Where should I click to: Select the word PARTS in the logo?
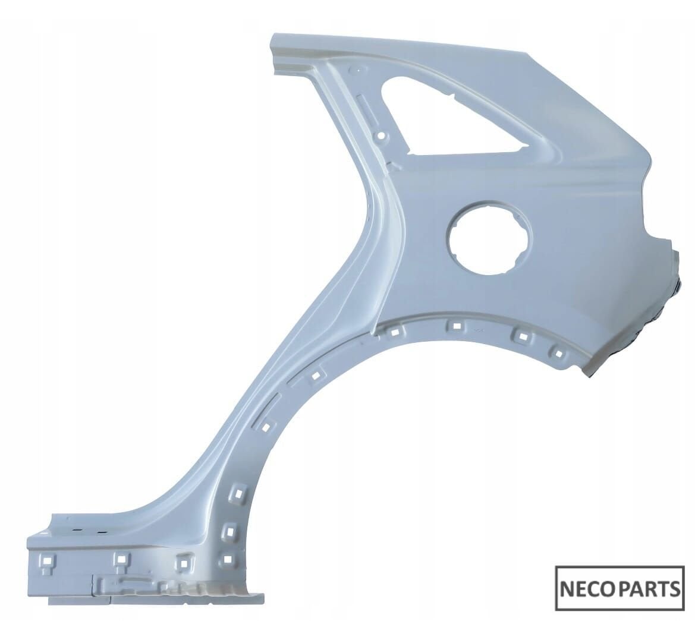(647, 589)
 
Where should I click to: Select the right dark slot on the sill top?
(102, 531)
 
